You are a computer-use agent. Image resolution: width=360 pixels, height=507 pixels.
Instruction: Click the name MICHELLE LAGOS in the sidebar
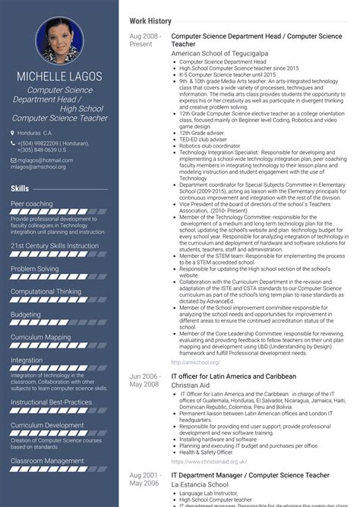[60, 77]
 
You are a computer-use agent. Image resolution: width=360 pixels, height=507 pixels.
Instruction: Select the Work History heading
[150, 21]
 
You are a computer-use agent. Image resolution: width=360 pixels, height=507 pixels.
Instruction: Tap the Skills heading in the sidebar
[21, 187]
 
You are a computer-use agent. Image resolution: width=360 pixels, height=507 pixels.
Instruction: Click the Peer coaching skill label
[32, 204]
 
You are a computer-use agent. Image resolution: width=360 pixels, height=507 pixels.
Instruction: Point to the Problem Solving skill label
[35, 269]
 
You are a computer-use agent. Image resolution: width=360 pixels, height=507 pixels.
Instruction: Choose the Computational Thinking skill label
[46, 291]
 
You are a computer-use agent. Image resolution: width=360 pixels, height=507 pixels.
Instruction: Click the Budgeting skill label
[26, 314]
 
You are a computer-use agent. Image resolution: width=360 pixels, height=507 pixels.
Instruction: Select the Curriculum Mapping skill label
[41, 337]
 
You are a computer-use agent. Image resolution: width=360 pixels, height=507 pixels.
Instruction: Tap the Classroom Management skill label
[47, 461]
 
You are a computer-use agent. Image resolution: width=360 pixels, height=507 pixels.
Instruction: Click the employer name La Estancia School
[200, 483]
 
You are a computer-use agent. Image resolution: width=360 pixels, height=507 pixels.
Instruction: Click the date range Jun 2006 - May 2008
[144, 380]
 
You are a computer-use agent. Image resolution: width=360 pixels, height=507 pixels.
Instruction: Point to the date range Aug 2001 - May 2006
[144, 478]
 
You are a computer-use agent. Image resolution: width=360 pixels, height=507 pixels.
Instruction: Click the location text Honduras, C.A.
[35, 133]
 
